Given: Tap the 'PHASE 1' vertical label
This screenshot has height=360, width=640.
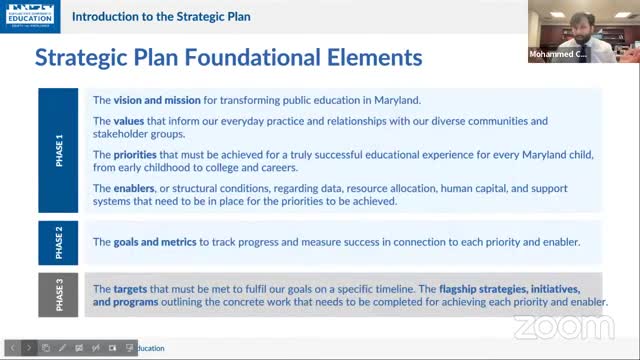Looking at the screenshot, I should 59,150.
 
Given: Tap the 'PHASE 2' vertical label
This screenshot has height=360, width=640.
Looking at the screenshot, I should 59,242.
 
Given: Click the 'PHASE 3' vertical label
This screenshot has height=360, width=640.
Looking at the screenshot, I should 59,295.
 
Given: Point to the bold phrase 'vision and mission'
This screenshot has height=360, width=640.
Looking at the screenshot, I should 153,100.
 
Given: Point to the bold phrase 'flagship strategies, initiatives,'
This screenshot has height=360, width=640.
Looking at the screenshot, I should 494,288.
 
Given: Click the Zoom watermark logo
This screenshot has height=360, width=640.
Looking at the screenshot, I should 550,326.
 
